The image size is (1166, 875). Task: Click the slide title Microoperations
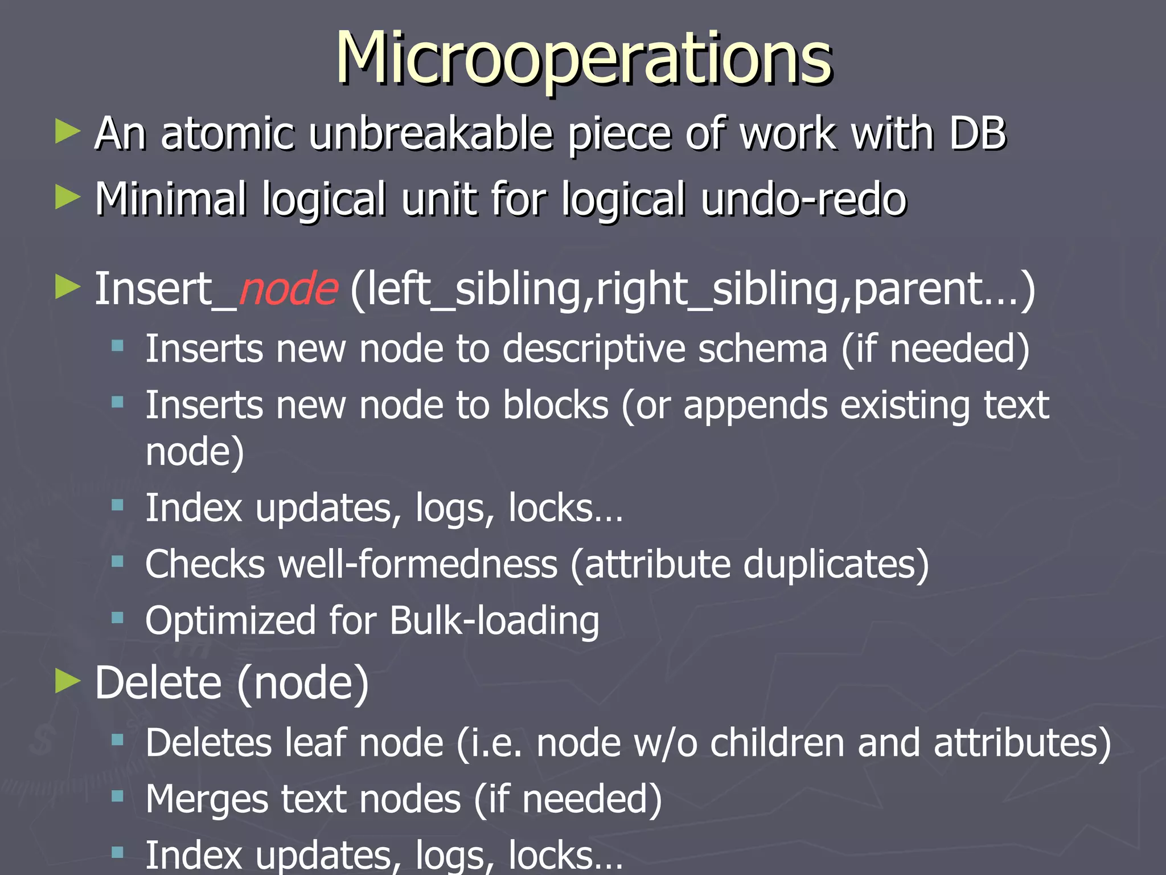pos(584,59)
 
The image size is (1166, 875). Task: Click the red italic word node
pos(288,289)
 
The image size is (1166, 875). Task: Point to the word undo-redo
pos(803,199)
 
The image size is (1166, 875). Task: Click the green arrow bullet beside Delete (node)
pos(68,681)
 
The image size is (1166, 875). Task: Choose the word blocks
pos(556,406)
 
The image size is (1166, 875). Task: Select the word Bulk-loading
pos(494,621)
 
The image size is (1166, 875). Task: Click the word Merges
pos(206,799)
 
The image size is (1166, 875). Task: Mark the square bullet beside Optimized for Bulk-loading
pos(118,618)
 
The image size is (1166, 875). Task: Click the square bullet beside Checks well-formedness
pos(118,562)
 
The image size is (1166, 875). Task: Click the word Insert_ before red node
pos(165,289)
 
